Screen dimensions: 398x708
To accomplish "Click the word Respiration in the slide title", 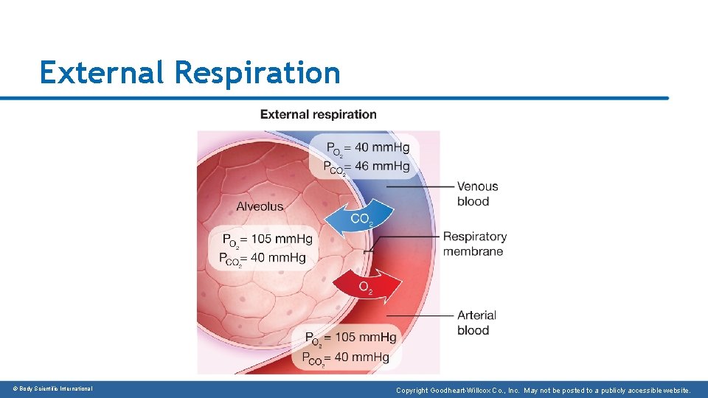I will (x=258, y=74).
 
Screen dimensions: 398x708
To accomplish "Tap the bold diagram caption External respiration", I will (x=318, y=115).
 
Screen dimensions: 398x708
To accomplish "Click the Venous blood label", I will (x=477, y=194).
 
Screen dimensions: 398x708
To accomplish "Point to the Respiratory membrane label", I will (x=474, y=244).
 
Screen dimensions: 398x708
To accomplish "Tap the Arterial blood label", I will (x=476, y=323).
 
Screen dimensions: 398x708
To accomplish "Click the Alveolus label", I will (x=260, y=206).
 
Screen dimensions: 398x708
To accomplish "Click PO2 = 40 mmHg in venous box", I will (x=367, y=148).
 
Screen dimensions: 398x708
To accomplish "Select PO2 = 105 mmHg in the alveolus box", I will (x=267, y=239).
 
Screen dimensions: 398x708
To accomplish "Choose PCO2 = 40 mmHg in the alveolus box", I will (x=263, y=258).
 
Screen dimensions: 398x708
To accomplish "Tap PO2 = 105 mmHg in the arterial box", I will (x=351, y=338).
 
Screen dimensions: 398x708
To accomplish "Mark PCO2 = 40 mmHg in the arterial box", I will (x=346, y=357).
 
